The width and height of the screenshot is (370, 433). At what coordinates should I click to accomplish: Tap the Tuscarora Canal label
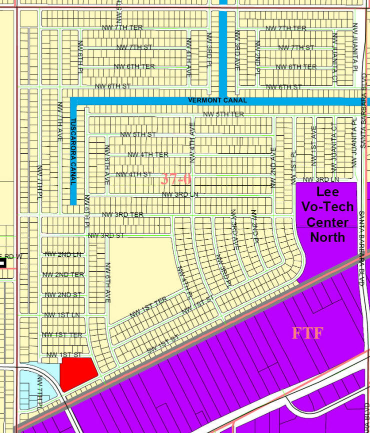point(73,152)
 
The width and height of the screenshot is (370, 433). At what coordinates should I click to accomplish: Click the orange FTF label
point(307,333)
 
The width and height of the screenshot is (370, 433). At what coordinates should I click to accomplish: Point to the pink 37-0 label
point(175,179)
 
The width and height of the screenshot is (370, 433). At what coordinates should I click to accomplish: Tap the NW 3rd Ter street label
point(122,215)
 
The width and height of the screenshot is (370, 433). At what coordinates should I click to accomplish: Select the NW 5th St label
point(138,134)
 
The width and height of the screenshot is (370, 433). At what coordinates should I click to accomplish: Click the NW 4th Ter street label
point(148,154)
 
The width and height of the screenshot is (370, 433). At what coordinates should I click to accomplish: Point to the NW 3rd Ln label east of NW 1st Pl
point(320,179)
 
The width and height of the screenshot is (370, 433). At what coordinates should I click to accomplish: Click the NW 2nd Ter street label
point(63,275)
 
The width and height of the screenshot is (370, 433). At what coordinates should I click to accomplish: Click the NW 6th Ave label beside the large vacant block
point(107,283)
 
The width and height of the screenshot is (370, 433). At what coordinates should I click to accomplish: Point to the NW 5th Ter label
point(223,114)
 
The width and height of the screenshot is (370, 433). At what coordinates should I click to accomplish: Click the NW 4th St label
point(133,174)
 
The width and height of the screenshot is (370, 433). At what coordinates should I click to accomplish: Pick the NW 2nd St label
point(62,295)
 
